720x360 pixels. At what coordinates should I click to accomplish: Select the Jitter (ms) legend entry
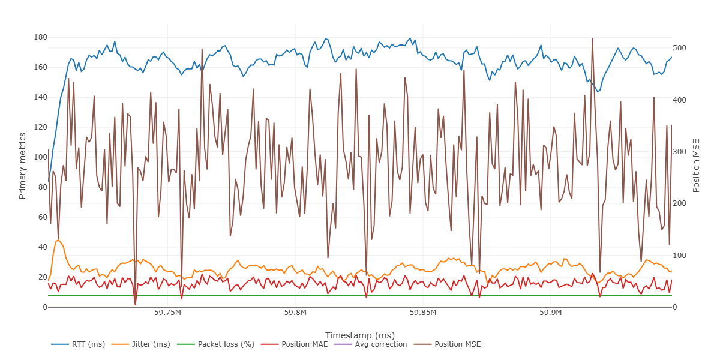[145, 344]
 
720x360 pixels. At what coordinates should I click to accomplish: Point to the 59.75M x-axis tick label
[167, 313]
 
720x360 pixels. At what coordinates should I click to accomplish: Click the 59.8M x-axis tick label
[295, 313]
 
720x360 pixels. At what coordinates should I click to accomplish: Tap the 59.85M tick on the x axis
[423, 313]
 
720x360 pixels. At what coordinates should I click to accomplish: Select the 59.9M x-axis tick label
[551, 313]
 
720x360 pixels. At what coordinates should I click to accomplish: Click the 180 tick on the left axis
[41, 37]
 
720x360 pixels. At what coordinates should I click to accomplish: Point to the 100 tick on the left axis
[41, 157]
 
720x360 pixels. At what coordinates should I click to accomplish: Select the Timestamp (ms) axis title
[359, 335]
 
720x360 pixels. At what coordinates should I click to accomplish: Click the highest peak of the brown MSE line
[592, 38]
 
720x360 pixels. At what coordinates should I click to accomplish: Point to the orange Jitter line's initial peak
[58, 240]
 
